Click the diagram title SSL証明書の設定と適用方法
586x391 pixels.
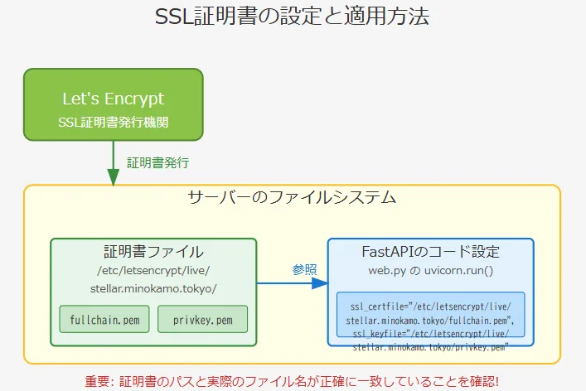tap(293, 17)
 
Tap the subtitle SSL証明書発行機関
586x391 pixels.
tap(113, 122)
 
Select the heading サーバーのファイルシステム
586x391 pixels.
tap(292, 199)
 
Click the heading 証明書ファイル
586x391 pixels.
tap(153, 252)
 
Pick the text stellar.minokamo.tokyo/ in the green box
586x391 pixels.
tap(153, 287)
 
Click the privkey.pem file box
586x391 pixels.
tap(202, 319)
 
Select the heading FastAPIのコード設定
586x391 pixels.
tap(430, 252)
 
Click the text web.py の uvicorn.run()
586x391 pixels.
tap(430, 271)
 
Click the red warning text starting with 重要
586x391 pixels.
tap(292, 382)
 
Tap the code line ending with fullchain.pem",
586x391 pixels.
tap(430, 320)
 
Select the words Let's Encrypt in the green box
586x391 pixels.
tap(113, 99)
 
